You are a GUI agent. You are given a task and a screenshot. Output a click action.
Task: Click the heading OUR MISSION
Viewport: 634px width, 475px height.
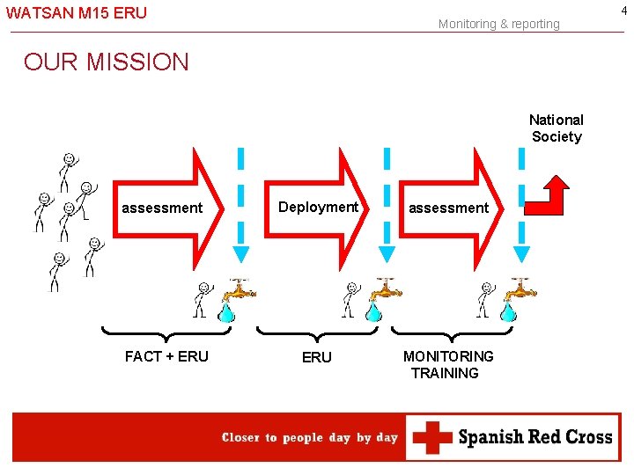point(107,62)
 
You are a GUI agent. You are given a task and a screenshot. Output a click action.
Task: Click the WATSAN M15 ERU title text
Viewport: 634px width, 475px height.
point(77,13)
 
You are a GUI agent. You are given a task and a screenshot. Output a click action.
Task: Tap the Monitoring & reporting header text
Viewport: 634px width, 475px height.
point(498,24)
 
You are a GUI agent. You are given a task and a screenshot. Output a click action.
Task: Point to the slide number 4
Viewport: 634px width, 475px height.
point(624,9)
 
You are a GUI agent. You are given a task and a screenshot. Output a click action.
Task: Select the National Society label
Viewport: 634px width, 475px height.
point(557,128)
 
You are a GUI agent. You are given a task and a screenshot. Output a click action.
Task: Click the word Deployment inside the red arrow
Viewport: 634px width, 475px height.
point(318,207)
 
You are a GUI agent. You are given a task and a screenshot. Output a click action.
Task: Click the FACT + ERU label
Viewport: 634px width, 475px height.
point(166,356)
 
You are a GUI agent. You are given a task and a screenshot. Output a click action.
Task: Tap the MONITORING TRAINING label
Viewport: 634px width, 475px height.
point(447,364)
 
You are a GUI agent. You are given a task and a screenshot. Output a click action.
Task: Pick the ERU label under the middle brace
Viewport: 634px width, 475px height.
point(317,357)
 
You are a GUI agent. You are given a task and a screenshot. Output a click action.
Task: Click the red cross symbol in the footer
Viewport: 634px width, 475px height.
point(431,437)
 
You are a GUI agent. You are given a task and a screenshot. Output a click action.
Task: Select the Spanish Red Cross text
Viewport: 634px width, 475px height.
point(535,437)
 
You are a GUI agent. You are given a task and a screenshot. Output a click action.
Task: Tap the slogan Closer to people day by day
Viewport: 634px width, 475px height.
point(310,437)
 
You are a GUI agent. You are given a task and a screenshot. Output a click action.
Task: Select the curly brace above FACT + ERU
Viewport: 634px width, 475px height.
point(166,333)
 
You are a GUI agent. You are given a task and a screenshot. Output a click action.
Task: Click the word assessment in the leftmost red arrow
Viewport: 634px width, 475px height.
point(162,208)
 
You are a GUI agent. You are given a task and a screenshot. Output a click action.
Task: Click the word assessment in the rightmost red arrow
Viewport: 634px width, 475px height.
point(448,208)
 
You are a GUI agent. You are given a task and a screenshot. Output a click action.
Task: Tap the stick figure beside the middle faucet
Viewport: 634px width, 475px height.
point(351,299)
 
